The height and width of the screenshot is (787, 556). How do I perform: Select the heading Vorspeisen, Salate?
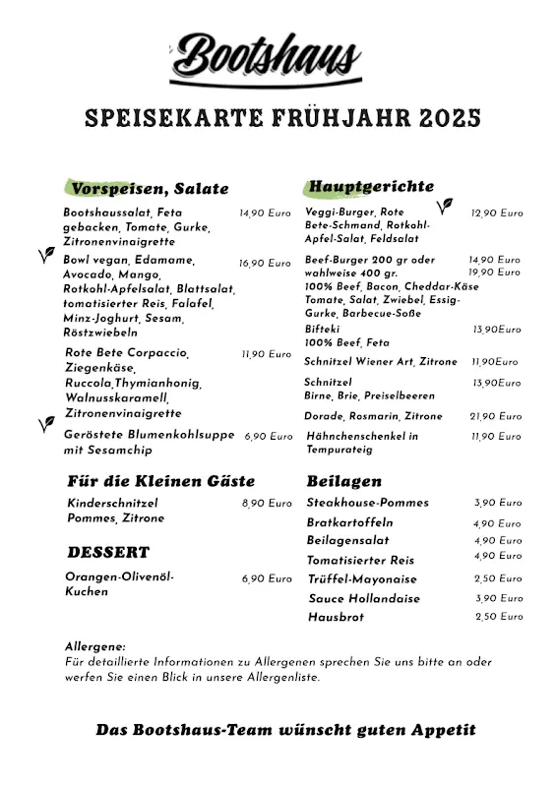(x=150, y=188)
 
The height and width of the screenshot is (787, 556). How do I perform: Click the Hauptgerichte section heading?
(x=371, y=186)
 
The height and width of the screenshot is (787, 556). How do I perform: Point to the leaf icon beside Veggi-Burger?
(x=446, y=207)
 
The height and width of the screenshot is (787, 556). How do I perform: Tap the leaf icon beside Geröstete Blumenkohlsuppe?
(x=45, y=424)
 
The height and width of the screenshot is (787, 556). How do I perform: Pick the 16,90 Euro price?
(x=265, y=264)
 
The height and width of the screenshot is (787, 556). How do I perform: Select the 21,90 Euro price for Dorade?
(x=495, y=416)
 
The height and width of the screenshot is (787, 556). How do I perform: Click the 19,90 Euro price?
(x=495, y=272)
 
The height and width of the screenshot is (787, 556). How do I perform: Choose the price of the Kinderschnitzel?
(x=266, y=503)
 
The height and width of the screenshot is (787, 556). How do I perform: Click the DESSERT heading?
(x=108, y=552)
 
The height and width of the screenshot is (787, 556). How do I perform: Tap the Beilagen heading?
(x=343, y=482)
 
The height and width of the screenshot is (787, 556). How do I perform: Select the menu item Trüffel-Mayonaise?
(x=362, y=579)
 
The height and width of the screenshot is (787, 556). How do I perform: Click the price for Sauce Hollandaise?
(x=498, y=598)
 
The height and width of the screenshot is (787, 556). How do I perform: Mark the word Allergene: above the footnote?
(x=94, y=646)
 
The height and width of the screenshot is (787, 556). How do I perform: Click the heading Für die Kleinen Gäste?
(x=161, y=481)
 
